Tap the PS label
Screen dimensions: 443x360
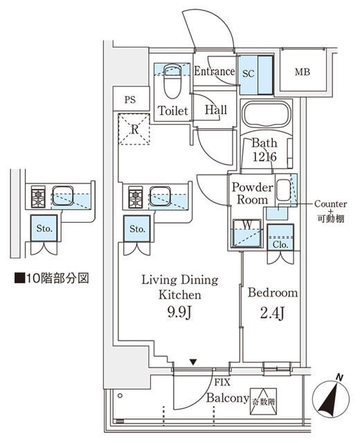[x=129, y=99]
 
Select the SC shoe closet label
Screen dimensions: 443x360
[x=249, y=72]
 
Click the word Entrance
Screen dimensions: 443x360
[x=214, y=71]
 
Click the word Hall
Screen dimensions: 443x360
[x=215, y=109]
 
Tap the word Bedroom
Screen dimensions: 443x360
[x=273, y=293]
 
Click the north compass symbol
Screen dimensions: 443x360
[x=332, y=397]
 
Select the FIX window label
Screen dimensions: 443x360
[x=222, y=382]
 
